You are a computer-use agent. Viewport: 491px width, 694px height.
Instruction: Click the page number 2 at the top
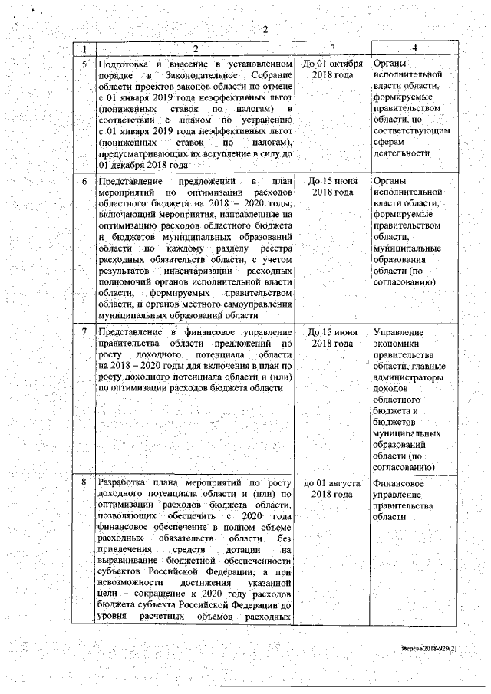coord(265,30)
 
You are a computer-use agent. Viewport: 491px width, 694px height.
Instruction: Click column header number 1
coord(84,48)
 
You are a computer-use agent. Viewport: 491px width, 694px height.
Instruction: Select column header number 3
coord(332,48)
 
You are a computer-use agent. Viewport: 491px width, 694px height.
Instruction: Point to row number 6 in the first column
coord(84,181)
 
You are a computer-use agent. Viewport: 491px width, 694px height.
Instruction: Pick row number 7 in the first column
coord(84,332)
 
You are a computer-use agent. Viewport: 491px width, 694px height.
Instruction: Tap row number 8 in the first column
coord(84,484)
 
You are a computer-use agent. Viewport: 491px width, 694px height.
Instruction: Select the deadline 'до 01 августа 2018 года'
coord(332,489)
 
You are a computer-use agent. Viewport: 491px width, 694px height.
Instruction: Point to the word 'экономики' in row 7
coord(395,344)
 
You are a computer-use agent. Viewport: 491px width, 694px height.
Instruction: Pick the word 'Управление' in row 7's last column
coord(397,332)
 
